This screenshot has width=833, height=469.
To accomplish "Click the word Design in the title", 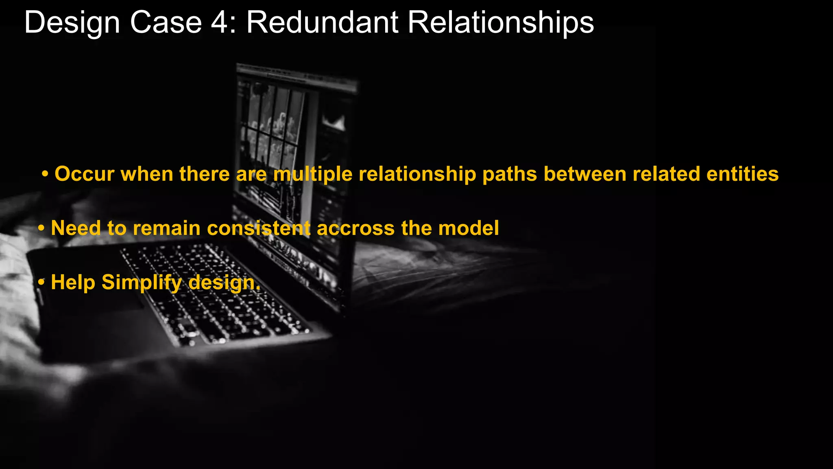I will click(x=72, y=23).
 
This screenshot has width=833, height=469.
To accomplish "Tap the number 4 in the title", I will click(x=220, y=23).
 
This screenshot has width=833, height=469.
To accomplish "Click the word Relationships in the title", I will click(x=501, y=23).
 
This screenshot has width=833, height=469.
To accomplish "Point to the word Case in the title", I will click(x=166, y=23).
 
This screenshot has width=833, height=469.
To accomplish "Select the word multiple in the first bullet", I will click(x=312, y=174).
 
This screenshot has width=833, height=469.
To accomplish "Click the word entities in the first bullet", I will click(x=742, y=174).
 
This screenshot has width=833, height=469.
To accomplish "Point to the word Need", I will click(x=76, y=228).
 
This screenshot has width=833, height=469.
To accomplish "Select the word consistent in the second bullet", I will click(x=259, y=228).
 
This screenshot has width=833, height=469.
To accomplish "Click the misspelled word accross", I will click(x=355, y=228).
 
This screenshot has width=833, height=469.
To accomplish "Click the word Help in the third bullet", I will click(x=73, y=282).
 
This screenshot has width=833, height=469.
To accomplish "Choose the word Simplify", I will click(x=142, y=282).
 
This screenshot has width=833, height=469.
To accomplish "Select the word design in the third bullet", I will click(x=222, y=282).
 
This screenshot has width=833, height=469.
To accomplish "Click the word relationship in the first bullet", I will click(x=417, y=174).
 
